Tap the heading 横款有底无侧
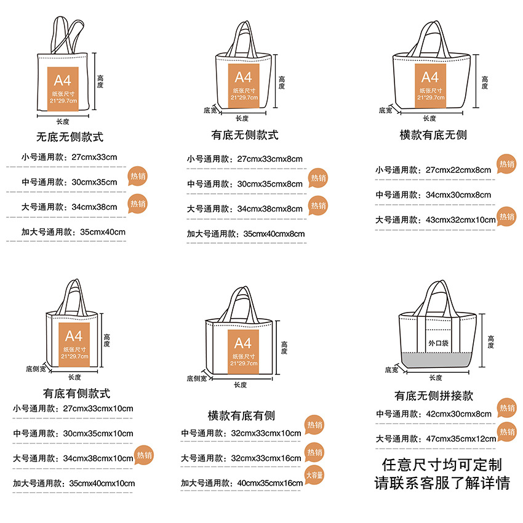coord(433,135)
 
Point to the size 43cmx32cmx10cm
coord(460,220)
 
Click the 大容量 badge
coord(314,475)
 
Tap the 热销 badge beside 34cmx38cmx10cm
coord(144,455)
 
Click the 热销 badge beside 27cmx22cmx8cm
coord(507,164)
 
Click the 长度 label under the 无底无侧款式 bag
coord(63,121)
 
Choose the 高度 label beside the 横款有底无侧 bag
coord(485,82)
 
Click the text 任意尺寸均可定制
coord(442,465)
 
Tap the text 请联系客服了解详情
coord(442,483)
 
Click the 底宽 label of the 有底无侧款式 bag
coord(210,110)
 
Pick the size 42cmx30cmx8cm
coord(458,413)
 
